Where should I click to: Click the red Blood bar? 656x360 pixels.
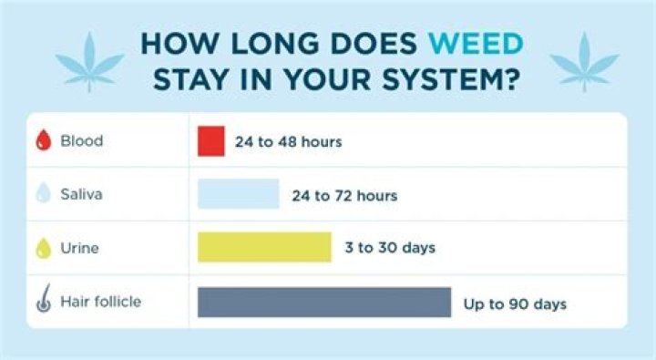(x=210, y=141)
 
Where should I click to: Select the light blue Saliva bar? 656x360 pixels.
(x=238, y=194)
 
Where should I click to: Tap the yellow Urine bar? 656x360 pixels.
(x=264, y=247)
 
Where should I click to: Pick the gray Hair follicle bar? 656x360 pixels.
(x=324, y=302)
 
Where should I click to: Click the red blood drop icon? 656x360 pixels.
(x=42, y=141)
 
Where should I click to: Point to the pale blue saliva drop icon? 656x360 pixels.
(x=42, y=194)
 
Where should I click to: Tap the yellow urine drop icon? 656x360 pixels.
(x=42, y=247)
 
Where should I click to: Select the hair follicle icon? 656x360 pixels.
(x=42, y=301)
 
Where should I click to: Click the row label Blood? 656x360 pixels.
(x=81, y=141)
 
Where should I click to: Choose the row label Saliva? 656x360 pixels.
(x=83, y=194)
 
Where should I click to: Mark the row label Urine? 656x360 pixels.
(x=80, y=247)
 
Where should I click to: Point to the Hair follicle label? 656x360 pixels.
(x=100, y=301)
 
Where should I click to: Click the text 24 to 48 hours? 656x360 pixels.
(x=289, y=142)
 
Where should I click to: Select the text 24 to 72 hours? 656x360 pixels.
(x=343, y=195)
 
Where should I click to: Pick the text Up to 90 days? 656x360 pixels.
(x=515, y=303)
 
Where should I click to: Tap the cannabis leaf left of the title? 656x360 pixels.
(x=88, y=60)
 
